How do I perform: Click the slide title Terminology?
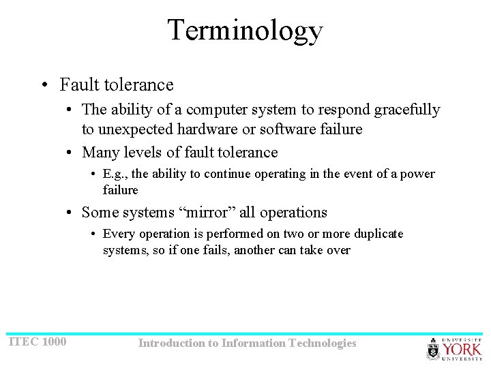(245, 31)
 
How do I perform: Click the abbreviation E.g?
(115, 174)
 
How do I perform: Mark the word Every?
(119, 234)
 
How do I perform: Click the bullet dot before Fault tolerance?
(44, 85)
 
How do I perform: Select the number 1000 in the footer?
(54, 341)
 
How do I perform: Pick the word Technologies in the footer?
(323, 343)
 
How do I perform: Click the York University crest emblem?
(434, 349)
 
